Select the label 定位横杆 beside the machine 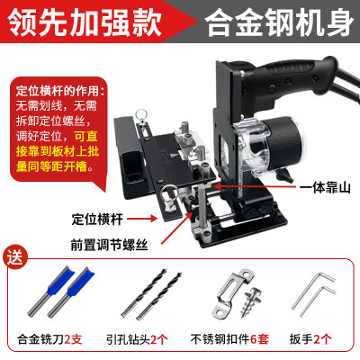tap(100, 218)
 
